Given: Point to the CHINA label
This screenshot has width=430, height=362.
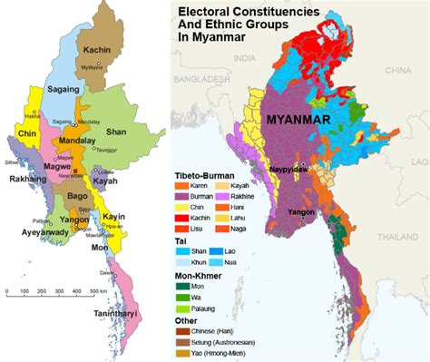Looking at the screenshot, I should (x=396, y=69).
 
